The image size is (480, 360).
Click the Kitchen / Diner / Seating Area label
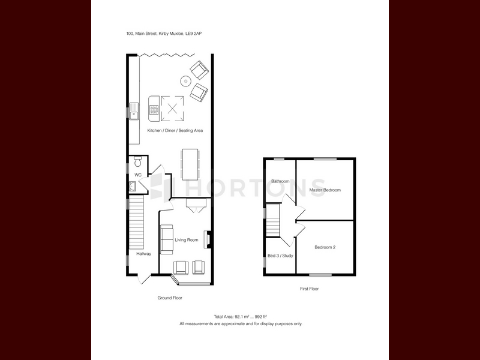click(175, 130)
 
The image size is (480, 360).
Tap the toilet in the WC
click(138, 161)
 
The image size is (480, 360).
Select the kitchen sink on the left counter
click(134, 111)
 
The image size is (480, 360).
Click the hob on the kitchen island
click(154, 109)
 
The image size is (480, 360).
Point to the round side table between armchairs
click(185, 81)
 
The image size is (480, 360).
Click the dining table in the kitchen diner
click(190, 164)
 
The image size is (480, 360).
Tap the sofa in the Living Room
click(167, 239)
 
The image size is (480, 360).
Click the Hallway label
click(143, 254)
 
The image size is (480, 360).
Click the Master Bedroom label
click(325, 190)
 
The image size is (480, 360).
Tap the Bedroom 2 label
click(325, 247)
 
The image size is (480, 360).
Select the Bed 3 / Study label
click(280, 256)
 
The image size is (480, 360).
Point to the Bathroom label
click(280, 181)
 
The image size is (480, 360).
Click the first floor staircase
click(273, 220)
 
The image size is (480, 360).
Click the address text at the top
click(164, 34)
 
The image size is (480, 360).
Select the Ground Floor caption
click(170, 298)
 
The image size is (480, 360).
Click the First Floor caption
click(309, 289)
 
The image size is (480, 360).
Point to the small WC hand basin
click(133, 186)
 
